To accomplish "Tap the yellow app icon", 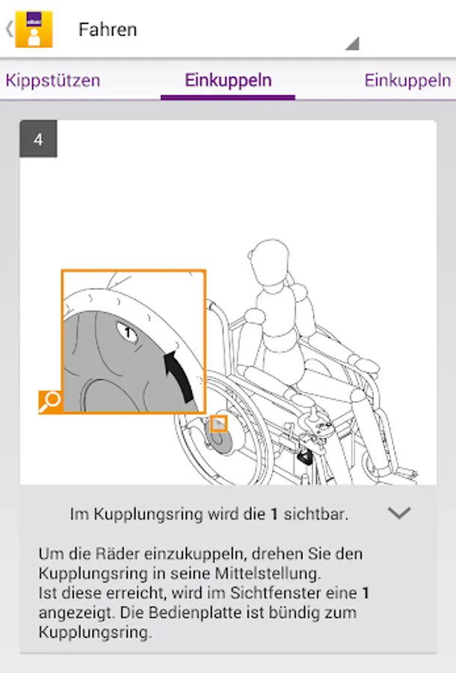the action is pos(34,29).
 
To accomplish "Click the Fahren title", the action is pos(108,30).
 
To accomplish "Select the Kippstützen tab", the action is pos(53,80).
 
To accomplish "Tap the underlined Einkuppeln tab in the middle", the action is pos(228,80).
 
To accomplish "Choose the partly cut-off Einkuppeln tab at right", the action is pos(407,80).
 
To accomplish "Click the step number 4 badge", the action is pos(38,139).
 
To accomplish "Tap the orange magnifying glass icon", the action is pos(50,402).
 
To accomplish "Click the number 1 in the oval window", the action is pos(127,332).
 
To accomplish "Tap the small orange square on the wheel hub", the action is pos(219,424).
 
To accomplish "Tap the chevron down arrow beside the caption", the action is pos(399,513).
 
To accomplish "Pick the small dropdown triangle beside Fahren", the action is pos(354,44).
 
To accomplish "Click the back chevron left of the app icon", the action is pos(9,29).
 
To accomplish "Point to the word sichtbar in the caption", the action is pos(315,513).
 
